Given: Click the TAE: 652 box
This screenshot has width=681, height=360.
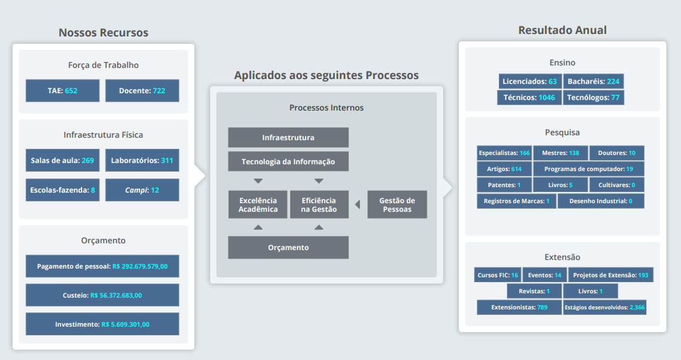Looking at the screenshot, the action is (x=62, y=91).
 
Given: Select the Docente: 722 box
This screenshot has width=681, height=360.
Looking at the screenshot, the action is (x=142, y=91).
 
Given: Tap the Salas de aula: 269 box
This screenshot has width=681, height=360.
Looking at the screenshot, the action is (x=62, y=161).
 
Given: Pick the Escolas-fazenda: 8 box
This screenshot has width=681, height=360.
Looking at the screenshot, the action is (x=62, y=190).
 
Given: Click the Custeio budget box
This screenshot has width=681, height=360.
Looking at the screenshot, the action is (x=102, y=295).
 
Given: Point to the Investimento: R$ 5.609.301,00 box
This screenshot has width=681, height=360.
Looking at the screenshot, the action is (x=102, y=324).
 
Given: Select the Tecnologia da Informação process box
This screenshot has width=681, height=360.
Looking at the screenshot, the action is (x=288, y=162).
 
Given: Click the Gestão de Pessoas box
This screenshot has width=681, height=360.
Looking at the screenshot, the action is (x=397, y=204).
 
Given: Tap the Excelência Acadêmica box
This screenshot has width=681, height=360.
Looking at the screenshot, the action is (x=258, y=204).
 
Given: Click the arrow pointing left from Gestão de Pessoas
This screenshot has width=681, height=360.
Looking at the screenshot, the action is (x=357, y=204).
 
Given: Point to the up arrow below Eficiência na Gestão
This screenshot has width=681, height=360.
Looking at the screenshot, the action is (x=319, y=227).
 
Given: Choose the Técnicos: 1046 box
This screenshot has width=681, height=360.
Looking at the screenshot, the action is (x=529, y=98).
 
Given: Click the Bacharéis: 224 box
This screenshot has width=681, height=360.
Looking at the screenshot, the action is (x=593, y=82).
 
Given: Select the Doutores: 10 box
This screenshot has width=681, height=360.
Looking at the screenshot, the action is (x=617, y=153).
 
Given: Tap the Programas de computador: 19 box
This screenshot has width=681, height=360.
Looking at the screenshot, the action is (x=588, y=169).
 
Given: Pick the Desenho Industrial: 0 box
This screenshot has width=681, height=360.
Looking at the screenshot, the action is (x=601, y=201).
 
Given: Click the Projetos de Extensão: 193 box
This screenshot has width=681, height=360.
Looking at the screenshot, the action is (x=611, y=275).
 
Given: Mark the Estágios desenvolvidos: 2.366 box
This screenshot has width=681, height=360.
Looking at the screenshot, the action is (x=604, y=307).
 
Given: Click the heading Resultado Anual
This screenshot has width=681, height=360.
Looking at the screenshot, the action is (x=562, y=30).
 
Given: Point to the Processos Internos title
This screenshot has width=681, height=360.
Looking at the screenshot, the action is (x=327, y=107).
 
